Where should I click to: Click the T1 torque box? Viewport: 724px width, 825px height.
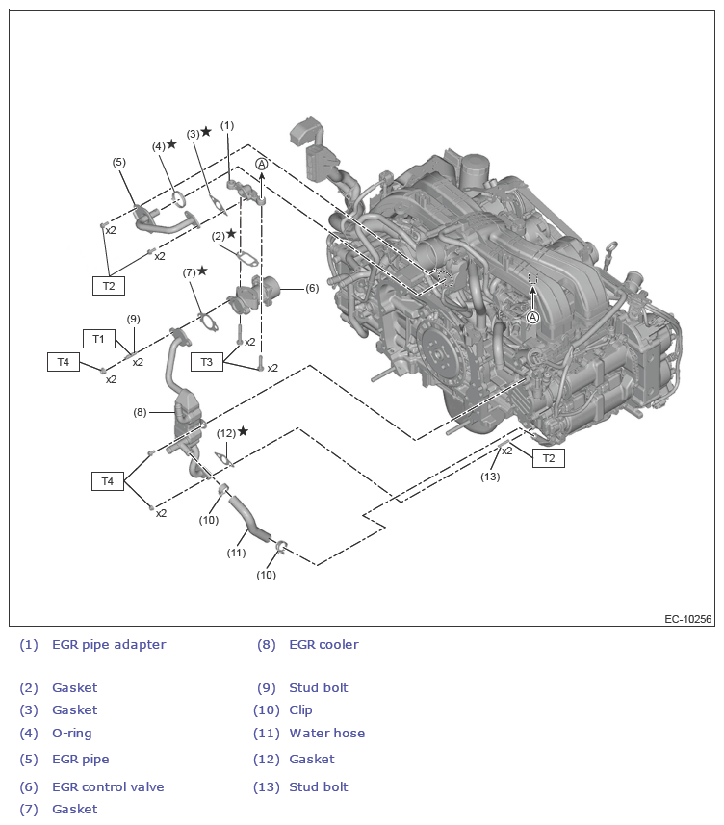click(x=98, y=338)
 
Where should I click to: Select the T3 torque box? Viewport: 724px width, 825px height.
click(x=206, y=361)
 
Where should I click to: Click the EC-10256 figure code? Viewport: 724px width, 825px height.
click(x=687, y=619)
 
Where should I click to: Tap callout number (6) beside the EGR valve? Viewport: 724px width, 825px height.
click(x=312, y=288)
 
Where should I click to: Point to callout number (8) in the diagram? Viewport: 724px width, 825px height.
click(x=140, y=412)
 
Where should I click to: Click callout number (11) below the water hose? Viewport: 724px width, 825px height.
click(x=236, y=553)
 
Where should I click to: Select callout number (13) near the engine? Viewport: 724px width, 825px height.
click(x=491, y=477)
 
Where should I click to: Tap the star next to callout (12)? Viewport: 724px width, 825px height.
click(x=243, y=431)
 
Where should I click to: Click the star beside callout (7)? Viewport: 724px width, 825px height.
click(x=202, y=271)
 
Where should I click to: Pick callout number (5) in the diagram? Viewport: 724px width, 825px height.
click(x=119, y=162)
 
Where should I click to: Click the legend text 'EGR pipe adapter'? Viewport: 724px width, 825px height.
click(x=109, y=645)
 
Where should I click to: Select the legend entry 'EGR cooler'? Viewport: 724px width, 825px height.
click(x=323, y=645)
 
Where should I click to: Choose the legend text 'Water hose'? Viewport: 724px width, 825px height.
click(x=327, y=734)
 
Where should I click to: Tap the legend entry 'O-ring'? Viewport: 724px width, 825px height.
click(x=72, y=734)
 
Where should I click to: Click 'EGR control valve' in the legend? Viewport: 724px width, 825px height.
click(x=108, y=787)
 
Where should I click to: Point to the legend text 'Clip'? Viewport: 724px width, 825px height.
click(x=300, y=710)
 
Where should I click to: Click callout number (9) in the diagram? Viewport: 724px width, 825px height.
click(x=133, y=319)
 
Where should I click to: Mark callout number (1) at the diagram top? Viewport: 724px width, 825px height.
click(x=227, y=125)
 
